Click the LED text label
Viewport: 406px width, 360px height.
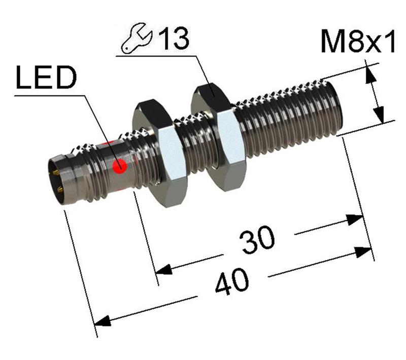pos(46,80)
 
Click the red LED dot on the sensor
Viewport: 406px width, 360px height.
pos(120,166)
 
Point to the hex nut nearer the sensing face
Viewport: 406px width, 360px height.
pos(216,137)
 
